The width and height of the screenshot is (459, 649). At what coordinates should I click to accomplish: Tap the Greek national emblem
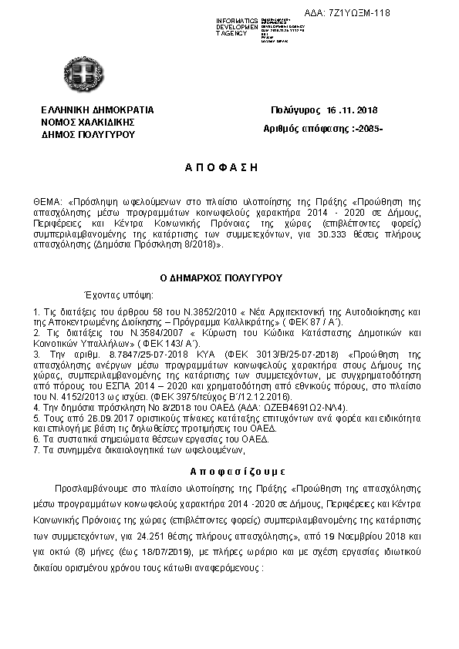pyautogui.click(x=80, y=75)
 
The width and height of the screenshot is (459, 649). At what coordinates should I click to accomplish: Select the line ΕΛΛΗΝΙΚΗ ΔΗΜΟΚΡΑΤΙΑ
pyautogui.click(x=97, y=110)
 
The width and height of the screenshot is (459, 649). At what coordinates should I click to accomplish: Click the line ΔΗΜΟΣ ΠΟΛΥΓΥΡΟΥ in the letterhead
pyautogui.click(x=88, y=134)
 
